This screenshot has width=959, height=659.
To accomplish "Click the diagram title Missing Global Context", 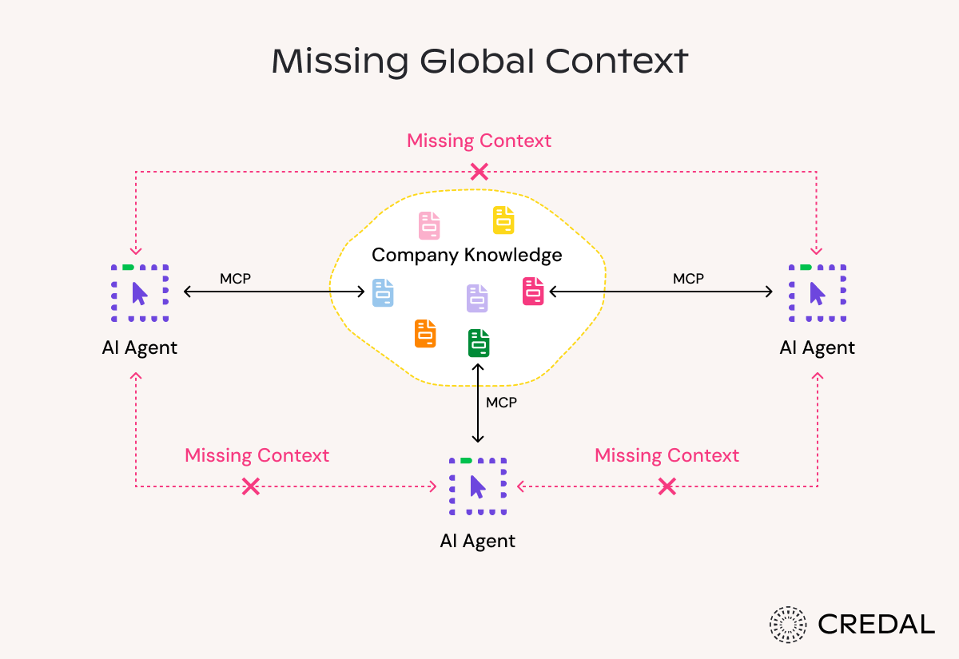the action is pyautogui.click(x=479, y=62).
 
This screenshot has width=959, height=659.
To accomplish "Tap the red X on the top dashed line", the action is pyautogui.click(x=479, y=171).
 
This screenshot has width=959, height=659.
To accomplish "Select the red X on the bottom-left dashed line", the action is pyautogui.click(x=251, y=486).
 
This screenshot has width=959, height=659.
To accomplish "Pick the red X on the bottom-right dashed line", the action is pyautogui.click(x=667, y=486).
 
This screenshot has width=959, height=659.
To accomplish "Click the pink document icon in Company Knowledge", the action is pyautogui.click(x=429, y=226).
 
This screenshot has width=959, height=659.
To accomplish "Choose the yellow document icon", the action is pyautogui.click(x=503, y=220).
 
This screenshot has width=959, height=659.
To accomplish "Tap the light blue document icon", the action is pyautogui.click(x=383, y=292).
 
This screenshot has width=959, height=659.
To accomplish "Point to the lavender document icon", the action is pyautogui.click(x=477, y=298).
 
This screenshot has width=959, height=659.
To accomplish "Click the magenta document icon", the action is pyautogui.click(x=533, y=291).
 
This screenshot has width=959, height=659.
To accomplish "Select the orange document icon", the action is pyautogui.click(x=425, y=333).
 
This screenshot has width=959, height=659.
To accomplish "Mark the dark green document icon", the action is pyautogui.click(x=479, y=343).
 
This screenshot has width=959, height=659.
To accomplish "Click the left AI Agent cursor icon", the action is pyautogui.click(x=140, y=293).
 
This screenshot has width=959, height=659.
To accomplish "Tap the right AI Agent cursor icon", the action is pyautogui.click(x=818, y=293).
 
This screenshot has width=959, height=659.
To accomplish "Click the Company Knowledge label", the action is pyautogui.click(x=467, y=256).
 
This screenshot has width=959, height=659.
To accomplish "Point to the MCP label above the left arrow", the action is pyautogui.click(x=235, y=279).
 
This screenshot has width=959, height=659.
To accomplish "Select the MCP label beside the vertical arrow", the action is pyautogui.click(x=502, y=403).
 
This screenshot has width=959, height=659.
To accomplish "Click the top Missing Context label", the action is pyautogui.click(x=479, y=141).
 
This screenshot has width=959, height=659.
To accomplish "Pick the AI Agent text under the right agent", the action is pyautogui.click(x=818, y=347).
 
